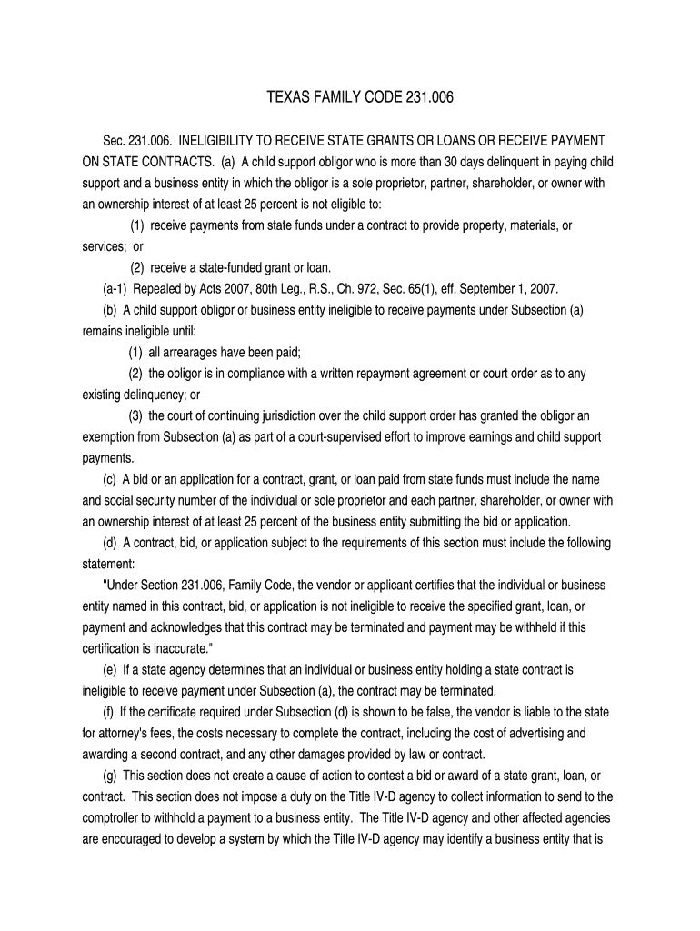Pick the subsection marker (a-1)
116,289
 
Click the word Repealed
158,289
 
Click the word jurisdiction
286,415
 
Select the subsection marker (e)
111,669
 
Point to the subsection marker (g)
111,775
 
